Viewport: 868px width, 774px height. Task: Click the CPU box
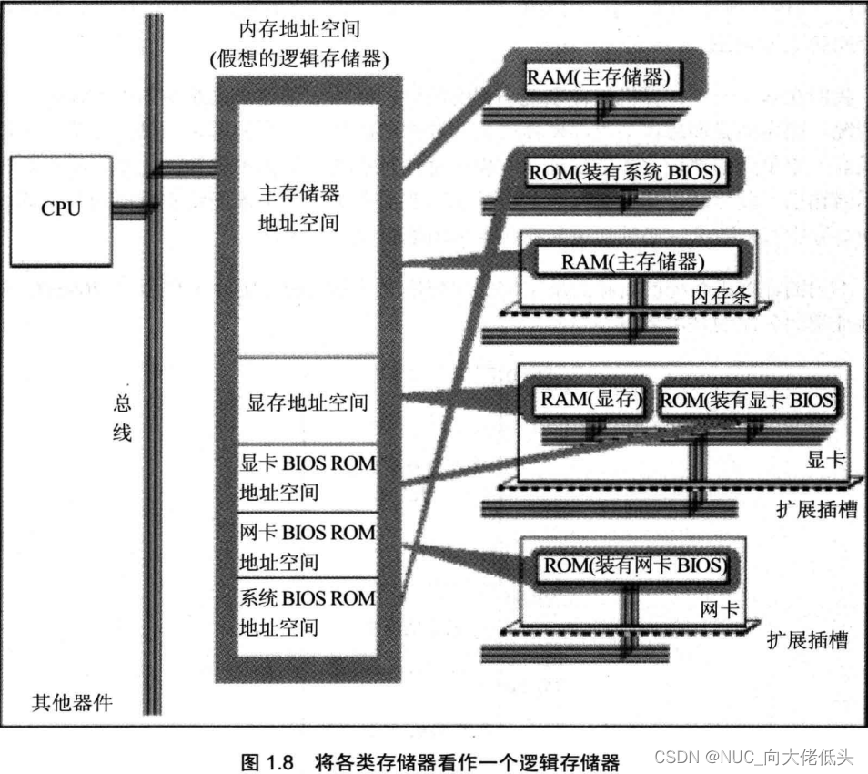click(x=61, y=211)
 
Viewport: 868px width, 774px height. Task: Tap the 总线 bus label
click(x=122, y=417)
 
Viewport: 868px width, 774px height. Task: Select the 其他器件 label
click(x=72, y=703)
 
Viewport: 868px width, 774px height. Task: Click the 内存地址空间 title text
click(x=299, y=29)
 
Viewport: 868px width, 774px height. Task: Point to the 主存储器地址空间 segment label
click(x=299, y=208)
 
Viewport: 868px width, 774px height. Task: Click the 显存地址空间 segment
click(x=308, y=402)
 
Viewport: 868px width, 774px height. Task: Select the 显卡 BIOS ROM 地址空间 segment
click(x=308, y=477)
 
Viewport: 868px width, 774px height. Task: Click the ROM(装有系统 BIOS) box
click(x=625, y=172)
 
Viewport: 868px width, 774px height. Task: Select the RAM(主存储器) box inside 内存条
click(x=638, y=261)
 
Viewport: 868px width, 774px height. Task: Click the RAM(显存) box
click(x=590, y=399)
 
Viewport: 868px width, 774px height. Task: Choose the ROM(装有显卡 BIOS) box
click(x=747, y=400)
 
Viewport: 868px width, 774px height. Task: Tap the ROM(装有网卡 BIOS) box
click(x=633, y=565)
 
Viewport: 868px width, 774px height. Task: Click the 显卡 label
click(x=826, y=459)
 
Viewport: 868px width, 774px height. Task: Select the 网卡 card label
click(x=720, y=609)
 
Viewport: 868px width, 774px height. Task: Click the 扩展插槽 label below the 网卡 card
click(x=808, y=640)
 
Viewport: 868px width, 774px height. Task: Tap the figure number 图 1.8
click(x=267, y=762)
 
